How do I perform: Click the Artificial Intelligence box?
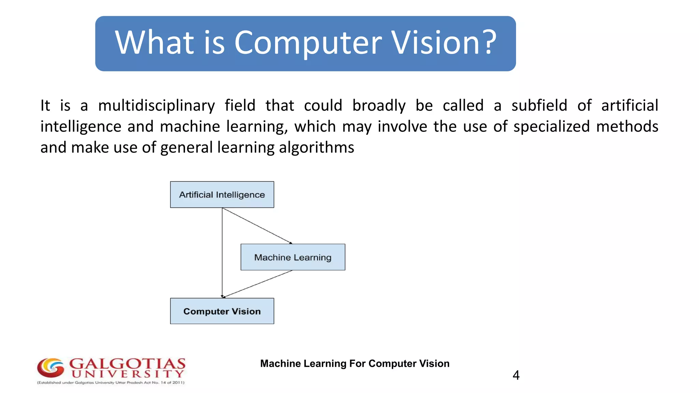pos(222,194)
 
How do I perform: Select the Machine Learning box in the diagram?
pos(293,257)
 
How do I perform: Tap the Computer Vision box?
pos(222,311)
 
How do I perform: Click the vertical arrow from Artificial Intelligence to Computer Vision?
pos(222,252)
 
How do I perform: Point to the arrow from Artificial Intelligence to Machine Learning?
pos(257,225)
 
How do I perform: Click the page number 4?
pos(516,375)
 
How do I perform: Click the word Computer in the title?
pos(308,43)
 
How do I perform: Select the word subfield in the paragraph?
pos(539,105)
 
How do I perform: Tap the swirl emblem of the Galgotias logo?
pos(51,368)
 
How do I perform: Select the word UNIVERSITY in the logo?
pos(128,374)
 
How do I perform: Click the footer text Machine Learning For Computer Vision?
pos(355,364)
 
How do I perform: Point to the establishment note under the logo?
pos(111,383)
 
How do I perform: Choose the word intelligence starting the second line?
pos(81,127)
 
